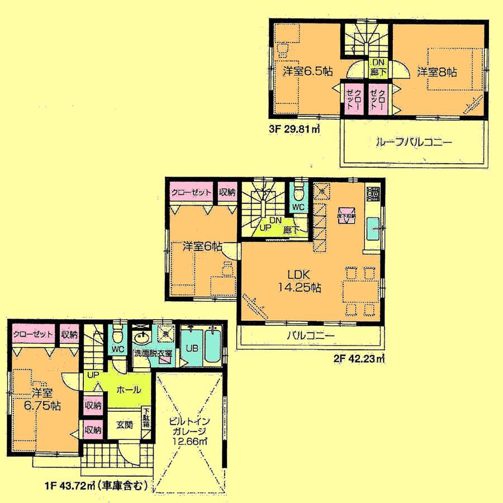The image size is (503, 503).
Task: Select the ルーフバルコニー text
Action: pyautogui.click(x=414, y=143)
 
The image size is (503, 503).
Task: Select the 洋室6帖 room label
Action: pyautogui.click(x=203, y=246)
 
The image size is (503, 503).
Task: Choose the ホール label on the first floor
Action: pyautogui.click(x=128, y=391)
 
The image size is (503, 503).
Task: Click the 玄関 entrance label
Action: pyautogui.click(x=124, y=424)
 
